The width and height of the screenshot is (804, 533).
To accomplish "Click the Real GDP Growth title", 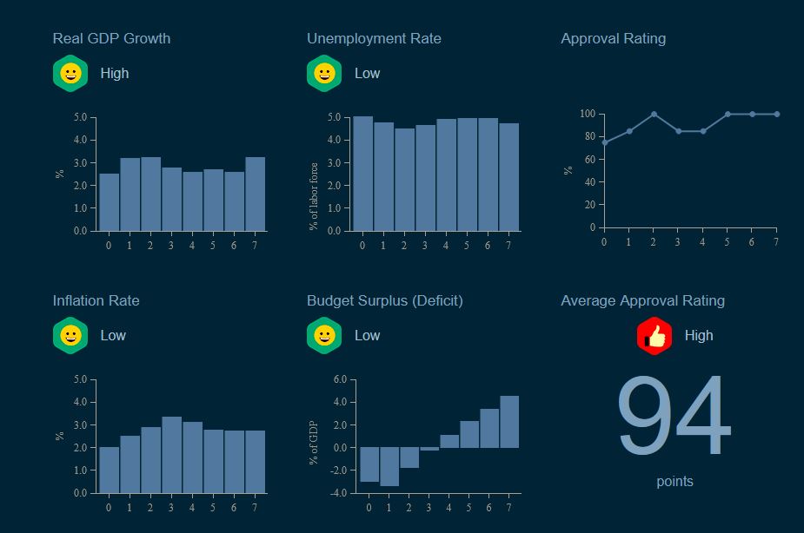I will click(111, 38).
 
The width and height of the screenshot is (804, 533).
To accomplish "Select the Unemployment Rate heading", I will click(374, 38).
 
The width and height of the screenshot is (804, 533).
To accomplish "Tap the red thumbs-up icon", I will click(654, 336).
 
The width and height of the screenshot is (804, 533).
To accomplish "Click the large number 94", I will click(674, 418).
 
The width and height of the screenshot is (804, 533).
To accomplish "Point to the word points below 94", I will click(674, 481).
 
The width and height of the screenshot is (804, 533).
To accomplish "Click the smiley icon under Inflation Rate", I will click(70, 336).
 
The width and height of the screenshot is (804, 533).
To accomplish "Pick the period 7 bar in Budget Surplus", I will click(509, 422).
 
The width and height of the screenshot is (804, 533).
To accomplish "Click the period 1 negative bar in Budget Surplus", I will click(389, 466).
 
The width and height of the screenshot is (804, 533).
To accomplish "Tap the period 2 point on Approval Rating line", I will click(654, 114).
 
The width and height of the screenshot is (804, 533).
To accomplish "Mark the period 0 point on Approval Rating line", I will click(604, 142).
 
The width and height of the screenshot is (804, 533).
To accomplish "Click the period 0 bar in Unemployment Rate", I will click(362, 174).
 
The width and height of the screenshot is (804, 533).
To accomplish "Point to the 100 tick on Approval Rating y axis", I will click(587, 114).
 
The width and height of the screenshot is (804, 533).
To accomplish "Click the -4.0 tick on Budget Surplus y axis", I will click(338, 493).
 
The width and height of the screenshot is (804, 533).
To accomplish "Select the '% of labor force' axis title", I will click(314, 196).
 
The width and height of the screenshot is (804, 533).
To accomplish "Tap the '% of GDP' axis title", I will click(314, 443).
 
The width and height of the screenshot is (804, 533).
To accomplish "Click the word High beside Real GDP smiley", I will click(114, 74).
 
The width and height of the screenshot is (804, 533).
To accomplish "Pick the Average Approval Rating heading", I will click(642, 300).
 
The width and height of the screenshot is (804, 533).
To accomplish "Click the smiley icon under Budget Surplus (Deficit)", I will click(324, 336).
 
